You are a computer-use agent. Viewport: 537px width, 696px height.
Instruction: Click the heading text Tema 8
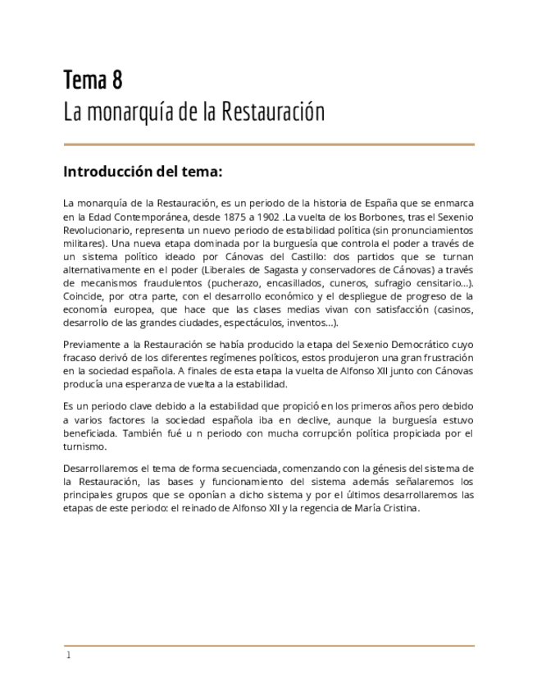[93, 80]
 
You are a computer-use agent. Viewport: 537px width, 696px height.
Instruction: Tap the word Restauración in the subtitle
[274, 112]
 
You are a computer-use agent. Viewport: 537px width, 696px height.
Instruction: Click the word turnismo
[84, 446]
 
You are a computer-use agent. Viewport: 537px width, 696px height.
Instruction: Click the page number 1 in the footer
[68, 655]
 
